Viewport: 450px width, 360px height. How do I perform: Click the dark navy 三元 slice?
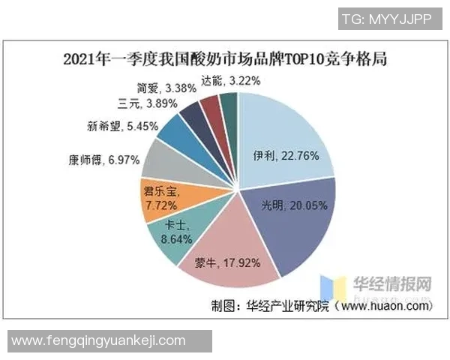click(x=193, y=115)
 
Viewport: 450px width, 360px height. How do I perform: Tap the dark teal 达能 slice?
click(x=229, y=105)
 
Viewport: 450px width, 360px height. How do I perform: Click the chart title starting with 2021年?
click(x=225, y=58)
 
